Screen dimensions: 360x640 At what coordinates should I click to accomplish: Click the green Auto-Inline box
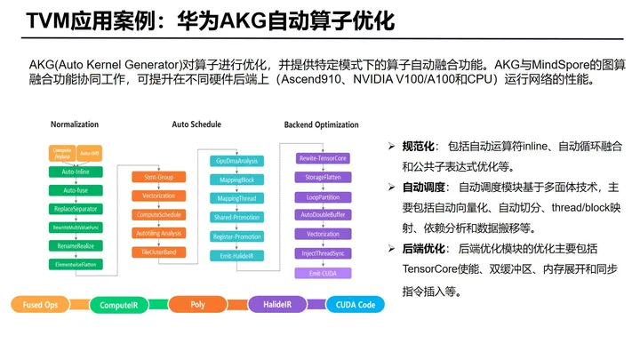click(x=75, y=171)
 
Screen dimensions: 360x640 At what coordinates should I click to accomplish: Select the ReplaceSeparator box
click(x=75, y=209)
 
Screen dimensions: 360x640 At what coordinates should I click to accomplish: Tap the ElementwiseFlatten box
click(x=75, y=265)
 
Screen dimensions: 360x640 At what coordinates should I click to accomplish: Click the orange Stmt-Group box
click(x=158, y=177)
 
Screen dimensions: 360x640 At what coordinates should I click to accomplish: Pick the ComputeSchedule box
click(x=158, y=215)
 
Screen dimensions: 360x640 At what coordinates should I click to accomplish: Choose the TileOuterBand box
click(x=158, y=252)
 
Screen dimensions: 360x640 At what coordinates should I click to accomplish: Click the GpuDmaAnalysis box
click(x=236, y=161)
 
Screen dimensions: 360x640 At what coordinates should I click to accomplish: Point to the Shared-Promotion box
click(x=236, y=218)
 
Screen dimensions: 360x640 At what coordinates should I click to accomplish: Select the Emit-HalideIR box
click(x=236, y=256)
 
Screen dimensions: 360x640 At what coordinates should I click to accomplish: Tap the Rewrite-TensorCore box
click(x=323, y=158)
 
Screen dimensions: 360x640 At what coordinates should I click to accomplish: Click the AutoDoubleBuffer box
click(x=323, y=215)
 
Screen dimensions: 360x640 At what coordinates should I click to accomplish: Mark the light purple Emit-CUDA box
click(x=323, y=273)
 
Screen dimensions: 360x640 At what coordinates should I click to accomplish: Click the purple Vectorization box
click(x=323, y=235)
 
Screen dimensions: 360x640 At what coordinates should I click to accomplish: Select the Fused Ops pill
click(x=41, y=305)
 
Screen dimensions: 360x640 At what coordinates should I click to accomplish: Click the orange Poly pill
click(x=197, y=305)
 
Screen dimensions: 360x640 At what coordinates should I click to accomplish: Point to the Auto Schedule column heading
click(x=196, y=124)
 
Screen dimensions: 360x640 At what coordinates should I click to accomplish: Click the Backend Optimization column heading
click(x=322, y=124)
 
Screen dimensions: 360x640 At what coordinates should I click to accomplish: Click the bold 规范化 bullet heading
click(x=418, y=145)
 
